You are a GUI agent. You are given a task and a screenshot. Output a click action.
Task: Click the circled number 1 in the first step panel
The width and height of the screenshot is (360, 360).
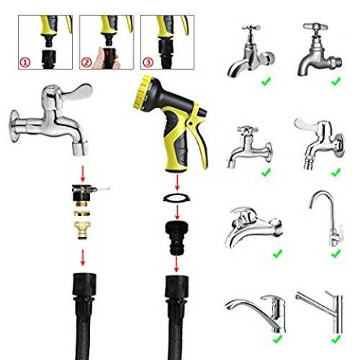[x=24, y=63]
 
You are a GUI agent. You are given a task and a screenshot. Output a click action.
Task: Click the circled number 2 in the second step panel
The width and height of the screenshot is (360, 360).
[x=86, y=63]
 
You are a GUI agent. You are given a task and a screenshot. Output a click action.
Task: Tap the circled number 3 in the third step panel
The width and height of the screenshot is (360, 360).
[x=148, y=63]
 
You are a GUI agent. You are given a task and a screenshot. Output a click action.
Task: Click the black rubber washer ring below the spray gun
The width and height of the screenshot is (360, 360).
[x=177, y=198]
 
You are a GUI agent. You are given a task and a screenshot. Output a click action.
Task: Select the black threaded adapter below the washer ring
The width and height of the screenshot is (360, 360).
[x=177, y=238]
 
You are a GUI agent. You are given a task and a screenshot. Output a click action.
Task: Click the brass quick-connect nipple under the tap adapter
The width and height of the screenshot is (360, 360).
[x=83, y=230]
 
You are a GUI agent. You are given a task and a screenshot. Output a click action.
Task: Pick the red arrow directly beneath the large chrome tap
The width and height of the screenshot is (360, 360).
[x=83, y=174]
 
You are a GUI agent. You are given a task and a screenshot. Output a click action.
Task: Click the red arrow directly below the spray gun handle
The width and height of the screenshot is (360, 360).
[x=177, y=182]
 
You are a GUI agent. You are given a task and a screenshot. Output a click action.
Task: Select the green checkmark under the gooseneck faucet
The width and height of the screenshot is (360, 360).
[x=336, y=253]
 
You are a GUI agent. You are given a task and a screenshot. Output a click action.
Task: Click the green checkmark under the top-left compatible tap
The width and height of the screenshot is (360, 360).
[x=266, y=81]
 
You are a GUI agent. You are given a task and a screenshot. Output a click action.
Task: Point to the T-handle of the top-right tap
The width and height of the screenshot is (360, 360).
[x=315, y=26]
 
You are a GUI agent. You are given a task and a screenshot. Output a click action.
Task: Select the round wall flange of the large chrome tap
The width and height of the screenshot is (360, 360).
[x=14, y=127]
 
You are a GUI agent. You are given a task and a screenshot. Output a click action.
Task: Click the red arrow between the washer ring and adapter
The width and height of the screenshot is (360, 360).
[x=177, y=212]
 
